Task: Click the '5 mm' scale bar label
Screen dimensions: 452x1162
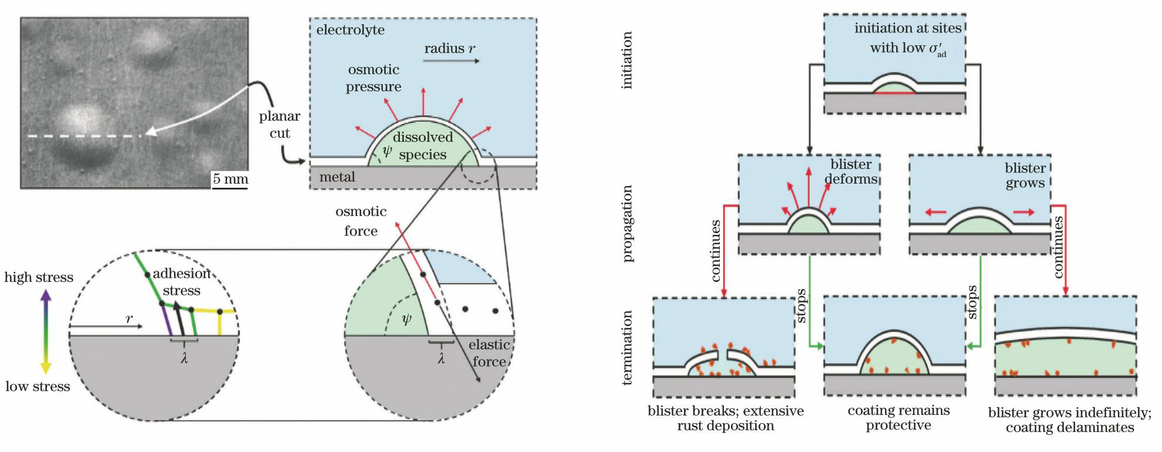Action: click(230, 178)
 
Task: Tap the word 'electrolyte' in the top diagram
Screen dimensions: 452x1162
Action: click(350, 30)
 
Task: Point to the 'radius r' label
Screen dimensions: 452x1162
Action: click(450, 49)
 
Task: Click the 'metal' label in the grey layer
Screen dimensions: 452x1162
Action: click(337, 177)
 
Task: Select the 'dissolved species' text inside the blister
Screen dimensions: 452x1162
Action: click(423, 146)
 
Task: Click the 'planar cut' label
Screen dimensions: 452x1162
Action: click(280, 125)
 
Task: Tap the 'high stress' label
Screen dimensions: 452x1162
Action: click(39, 277)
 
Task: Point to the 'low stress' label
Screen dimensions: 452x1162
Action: click(38, 387)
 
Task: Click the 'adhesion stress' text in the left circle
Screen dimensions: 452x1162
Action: click(181, 282)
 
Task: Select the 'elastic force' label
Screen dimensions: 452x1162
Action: click(489, 353)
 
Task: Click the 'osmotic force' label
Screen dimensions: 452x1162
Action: click(361, 221)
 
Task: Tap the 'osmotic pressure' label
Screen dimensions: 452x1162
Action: click(373, 78)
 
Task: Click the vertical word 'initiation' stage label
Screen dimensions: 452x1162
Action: click(627, 61)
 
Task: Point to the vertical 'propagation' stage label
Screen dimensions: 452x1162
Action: click(627, 224)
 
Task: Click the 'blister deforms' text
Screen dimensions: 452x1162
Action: click(851, 171)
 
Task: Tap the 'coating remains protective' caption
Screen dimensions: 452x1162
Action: click(899, 418)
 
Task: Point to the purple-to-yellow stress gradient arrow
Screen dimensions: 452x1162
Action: click(45, 332)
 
